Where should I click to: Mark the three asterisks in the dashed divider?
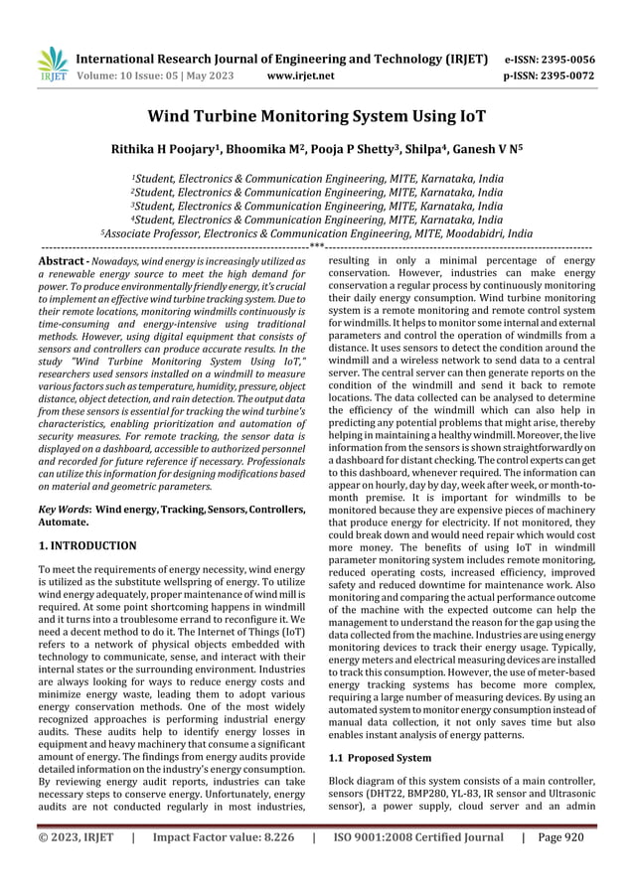[316, 245]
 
